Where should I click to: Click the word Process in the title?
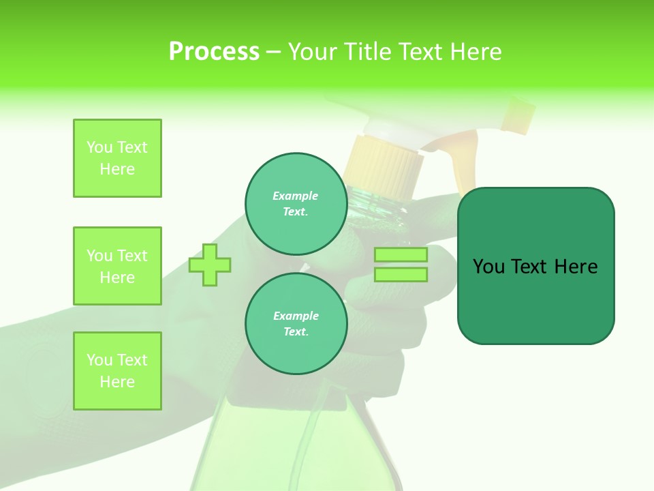(x=214, y=52)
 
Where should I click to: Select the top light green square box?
(x=117, y=158)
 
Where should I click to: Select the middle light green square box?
(x=117, y=266)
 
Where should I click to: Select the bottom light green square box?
(x=117, y=371)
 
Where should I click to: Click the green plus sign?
(x=210, y=265)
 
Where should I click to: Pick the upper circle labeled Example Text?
(x=296, y=204)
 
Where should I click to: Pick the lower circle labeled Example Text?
(x=296, y=324)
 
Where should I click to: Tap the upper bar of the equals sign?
(x=401, y=254)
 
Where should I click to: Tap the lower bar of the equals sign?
(x=401, y=275)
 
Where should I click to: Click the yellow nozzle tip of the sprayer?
(x=519, y=114)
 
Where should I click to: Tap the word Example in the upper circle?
(x=296, y=196)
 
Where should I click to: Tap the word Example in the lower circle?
(x=296, y=316)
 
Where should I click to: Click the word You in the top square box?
(x=99, y=147)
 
